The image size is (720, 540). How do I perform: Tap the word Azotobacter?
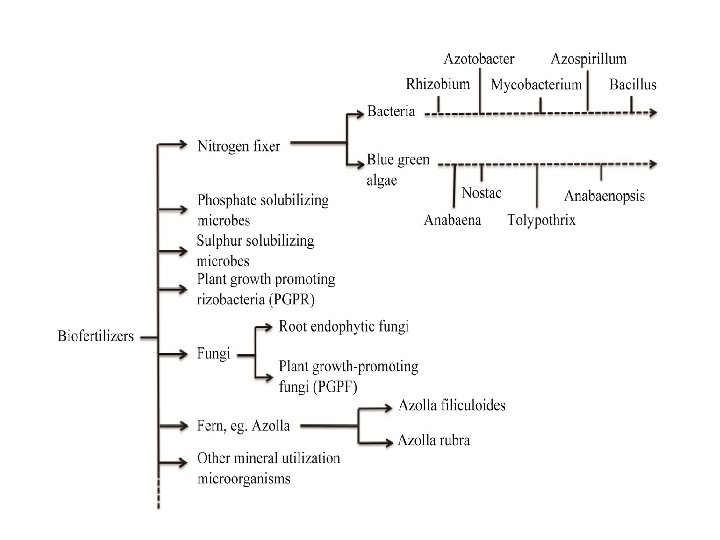[x=479, y=59]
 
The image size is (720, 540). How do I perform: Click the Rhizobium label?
[x=438, y=84]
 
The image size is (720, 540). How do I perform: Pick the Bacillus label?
[x=633, y=85]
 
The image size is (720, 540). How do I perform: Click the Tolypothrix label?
[x=541, y=220]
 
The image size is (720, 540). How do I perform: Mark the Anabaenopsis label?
[x=604, y=196]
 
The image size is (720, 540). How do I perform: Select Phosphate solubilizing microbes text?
[x=262, y=210]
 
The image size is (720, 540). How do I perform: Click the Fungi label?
[x=214, y=353]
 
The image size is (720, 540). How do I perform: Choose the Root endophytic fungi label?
[x=344, y=327]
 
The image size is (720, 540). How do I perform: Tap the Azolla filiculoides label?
[x=451, y=405]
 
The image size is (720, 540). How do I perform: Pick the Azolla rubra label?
[x=433, y=440]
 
